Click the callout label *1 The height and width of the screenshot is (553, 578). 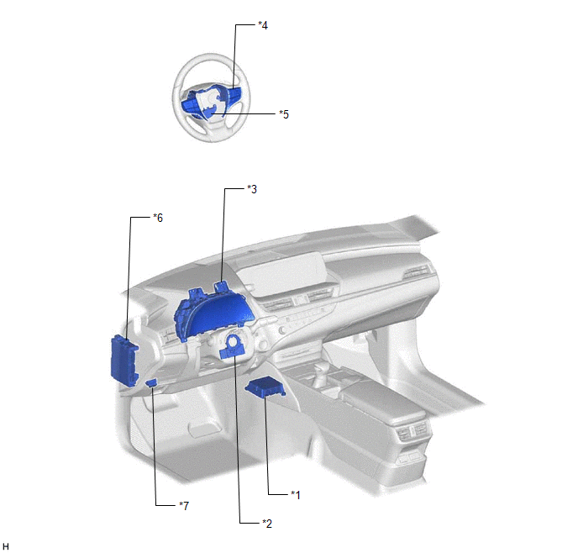296,495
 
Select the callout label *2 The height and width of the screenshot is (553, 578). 267,523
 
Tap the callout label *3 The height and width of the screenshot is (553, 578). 252,189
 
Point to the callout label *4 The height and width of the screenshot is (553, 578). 263,25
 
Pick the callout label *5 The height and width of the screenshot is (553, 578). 284,114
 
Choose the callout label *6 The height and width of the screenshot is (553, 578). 158,218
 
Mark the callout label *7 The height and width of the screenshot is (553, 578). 184,505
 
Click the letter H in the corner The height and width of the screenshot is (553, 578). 6,546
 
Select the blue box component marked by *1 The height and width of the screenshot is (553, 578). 265,388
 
